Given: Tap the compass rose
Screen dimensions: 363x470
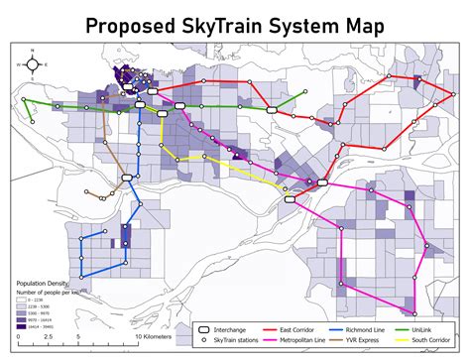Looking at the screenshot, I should (x=33, y=65).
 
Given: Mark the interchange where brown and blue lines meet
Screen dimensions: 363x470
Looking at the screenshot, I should (x=127, y=178).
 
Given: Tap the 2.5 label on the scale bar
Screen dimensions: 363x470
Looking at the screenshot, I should (x=47, y=337).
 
